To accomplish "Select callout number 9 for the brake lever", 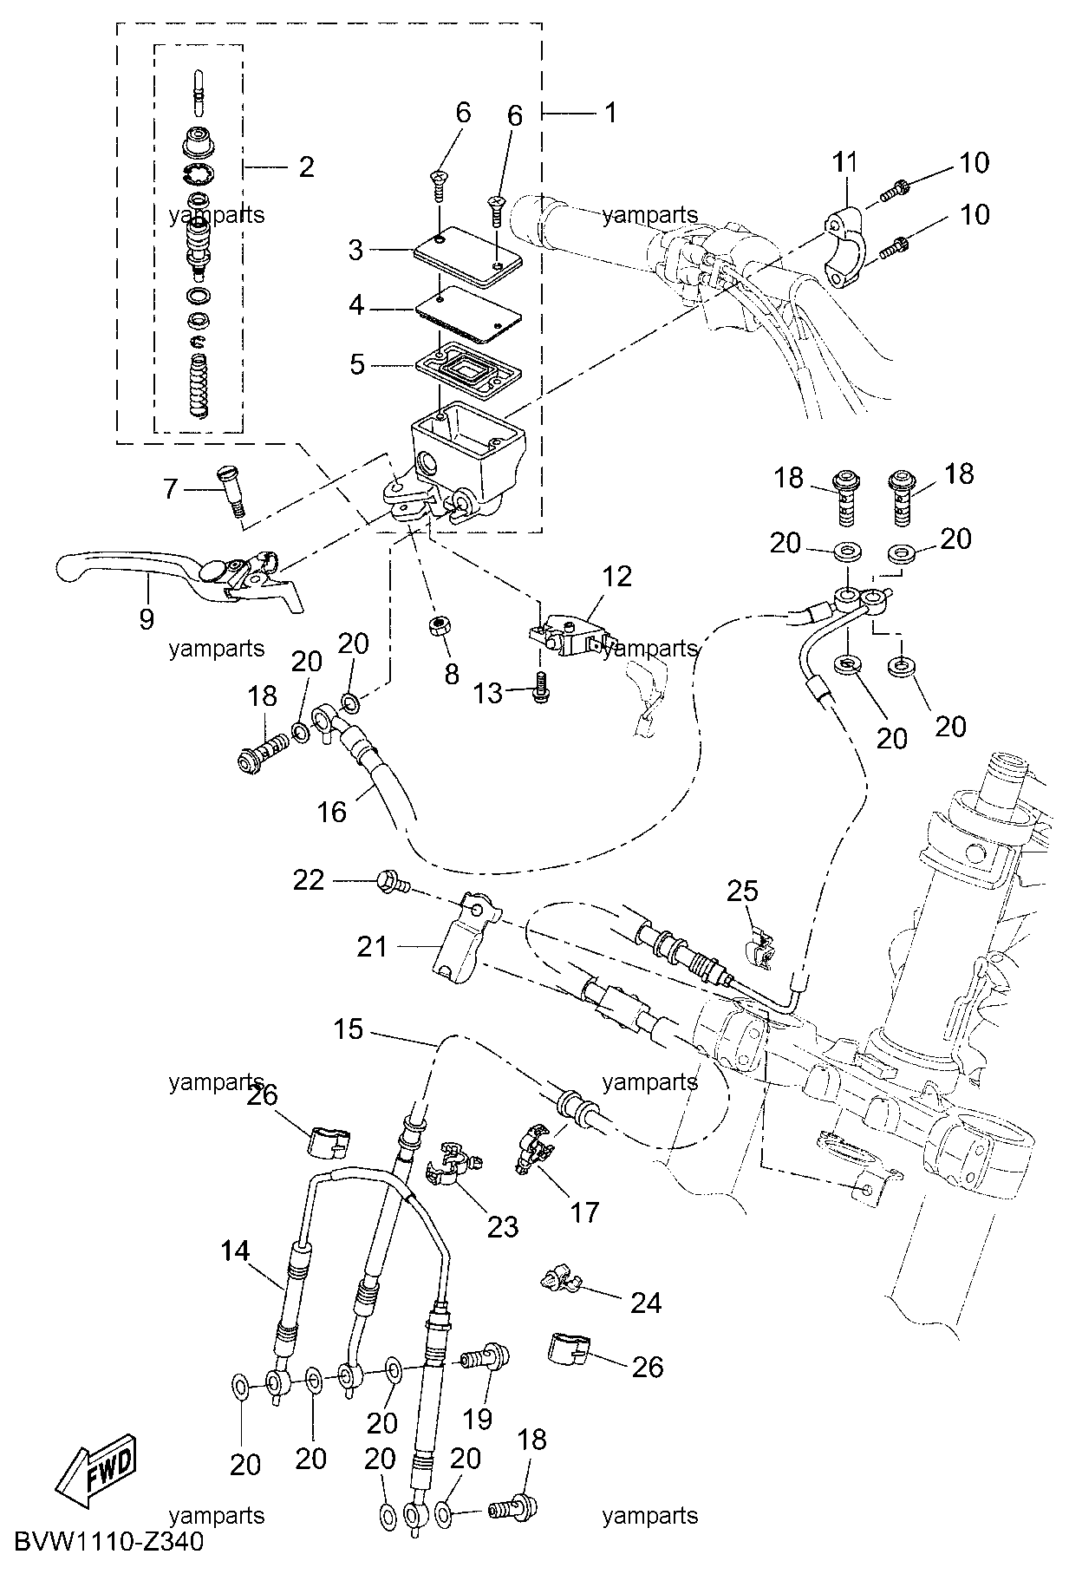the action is tap(146, 618).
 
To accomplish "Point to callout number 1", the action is tap(610, 112).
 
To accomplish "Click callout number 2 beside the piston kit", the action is tap(306, 167).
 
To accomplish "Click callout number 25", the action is tap(742, 891).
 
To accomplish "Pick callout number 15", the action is tap(349, 1029).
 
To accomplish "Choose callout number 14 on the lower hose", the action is tap(235, 1251).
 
